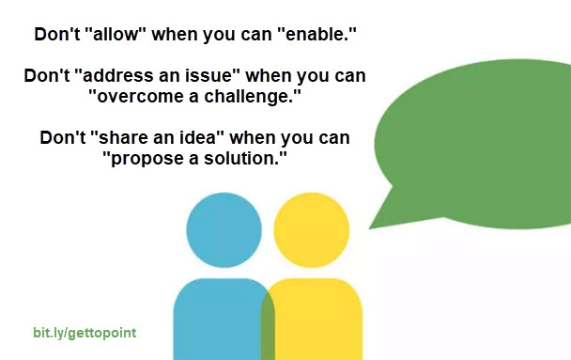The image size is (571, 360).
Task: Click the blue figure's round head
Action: coord(224,230)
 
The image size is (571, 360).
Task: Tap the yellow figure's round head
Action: coord(312,230)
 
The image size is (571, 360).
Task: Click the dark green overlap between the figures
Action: coord(268,324)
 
